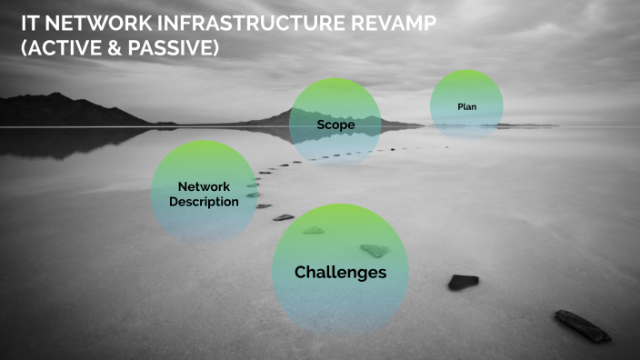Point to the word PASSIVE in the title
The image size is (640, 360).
175,48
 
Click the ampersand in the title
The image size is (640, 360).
117,48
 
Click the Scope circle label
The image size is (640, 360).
335,124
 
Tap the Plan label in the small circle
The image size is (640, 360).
466,106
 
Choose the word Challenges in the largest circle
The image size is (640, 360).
340,272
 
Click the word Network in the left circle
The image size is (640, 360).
204,186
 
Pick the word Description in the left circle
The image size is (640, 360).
204,202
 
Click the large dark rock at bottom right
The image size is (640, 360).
583,325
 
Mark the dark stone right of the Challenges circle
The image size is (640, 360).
463,282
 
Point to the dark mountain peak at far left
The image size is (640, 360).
56,96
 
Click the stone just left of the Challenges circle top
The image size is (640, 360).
284,217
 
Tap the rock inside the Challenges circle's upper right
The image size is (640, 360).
374,250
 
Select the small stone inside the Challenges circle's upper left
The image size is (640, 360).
313,230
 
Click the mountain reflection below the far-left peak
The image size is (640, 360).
55,142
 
